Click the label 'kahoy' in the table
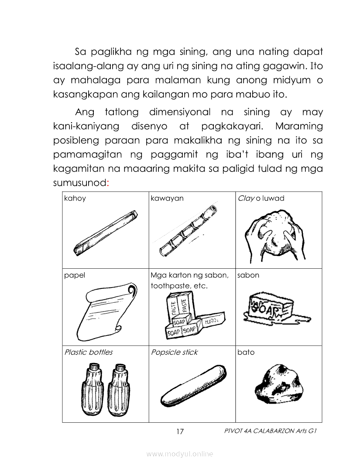click(x=75, y=199)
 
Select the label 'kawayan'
click(x=167, y=199)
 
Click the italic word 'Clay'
click(x=246, y=199)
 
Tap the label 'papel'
click(x=74, y=275)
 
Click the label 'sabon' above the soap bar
click(x=248, y=275)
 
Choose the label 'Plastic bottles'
click(x=88, y=352)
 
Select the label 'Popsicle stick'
click(x=174, y=352)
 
